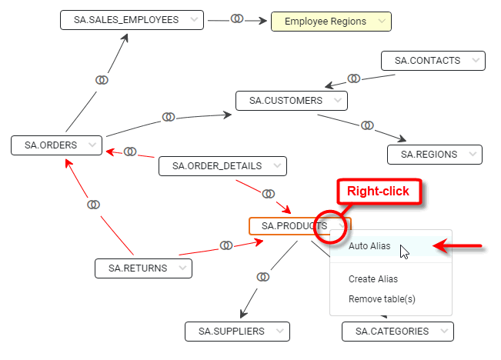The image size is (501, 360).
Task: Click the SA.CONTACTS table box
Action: pyautogui.click(x=427, y=60)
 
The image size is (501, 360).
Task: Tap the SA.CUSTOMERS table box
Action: pyautogui.click(x=286, y=101)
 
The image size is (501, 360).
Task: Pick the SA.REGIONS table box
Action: pyautogui.click(x=429, y=154)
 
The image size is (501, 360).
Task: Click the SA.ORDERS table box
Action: pyautogui.click(x=51, y=145)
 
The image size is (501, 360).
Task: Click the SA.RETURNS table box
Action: pyautogui.click(x=137, y=268)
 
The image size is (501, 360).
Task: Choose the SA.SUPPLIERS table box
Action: pyautogui.click(x=232, y=331)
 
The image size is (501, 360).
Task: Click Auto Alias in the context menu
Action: pyautogui.click(x=369, y=247)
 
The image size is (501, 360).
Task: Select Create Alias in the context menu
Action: pyautogui.click(x=373, y=279)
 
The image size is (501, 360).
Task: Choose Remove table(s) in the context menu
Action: pyautogui.click(x=382, y=298)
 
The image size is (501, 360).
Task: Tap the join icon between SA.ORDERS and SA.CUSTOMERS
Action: pyautogui.click(x=169, y=117)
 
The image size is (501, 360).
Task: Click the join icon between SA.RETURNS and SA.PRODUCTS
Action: pyautogui.click(x=226, y=245)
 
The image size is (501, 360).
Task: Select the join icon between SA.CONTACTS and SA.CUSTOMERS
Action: pyautogui.click(x=354, y=78)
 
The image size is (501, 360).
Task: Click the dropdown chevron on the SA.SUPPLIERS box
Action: pyautogui.click(x=279, y=331)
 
